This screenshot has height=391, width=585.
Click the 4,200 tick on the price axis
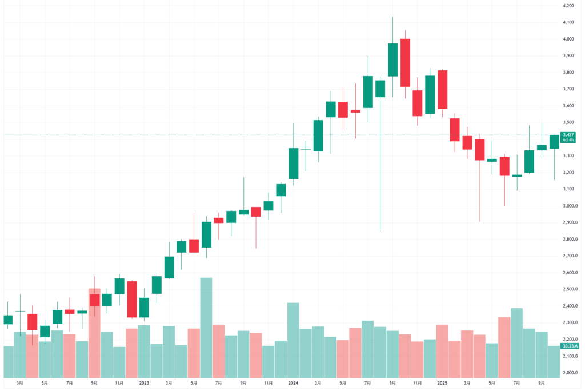pos(568,6)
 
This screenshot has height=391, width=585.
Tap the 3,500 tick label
pos(568,122)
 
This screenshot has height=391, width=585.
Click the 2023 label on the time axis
pos(144,383)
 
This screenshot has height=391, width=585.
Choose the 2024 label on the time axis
pos(293,383)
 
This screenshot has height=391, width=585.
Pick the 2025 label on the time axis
pos(442,383)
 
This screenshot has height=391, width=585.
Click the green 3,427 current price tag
pos(568,135)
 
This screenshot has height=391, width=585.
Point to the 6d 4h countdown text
pos(568,140)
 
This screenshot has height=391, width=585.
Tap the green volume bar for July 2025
pos(517,343)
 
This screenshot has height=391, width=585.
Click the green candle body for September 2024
pos(392,59)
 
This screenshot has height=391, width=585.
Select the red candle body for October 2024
pos(405,63)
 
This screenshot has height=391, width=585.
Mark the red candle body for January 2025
pos(442,89)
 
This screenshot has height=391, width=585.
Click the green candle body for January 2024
pos(293,163)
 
